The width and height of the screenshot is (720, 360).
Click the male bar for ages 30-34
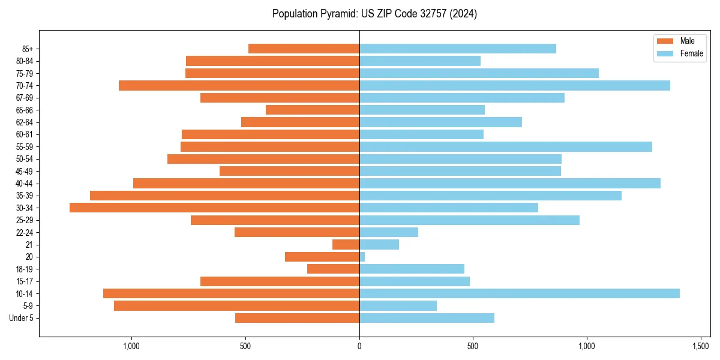(214, 208)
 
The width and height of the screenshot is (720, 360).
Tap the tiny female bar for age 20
(362, 257)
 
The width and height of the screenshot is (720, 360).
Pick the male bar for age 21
(346, 244)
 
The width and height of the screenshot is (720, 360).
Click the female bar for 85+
(457, 49)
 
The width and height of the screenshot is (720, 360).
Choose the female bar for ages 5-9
(398, 306)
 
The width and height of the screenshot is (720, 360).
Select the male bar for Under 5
(297, 318)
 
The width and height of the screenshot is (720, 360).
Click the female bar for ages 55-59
(505, 146)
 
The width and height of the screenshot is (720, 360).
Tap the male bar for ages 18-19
(333, 269)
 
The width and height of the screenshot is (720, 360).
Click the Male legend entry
(678, 41)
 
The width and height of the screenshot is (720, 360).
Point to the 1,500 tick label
(701, 346)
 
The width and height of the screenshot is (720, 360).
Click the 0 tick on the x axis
(359, 346)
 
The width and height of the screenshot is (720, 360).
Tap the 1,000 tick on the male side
(131, 346)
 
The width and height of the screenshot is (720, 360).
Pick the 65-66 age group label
(25, 110)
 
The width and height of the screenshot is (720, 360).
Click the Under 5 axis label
(21, 318)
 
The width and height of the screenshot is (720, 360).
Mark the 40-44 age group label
(25, 183)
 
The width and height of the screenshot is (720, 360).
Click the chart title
(374, 14)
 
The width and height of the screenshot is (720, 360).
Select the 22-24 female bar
(388, 232)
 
